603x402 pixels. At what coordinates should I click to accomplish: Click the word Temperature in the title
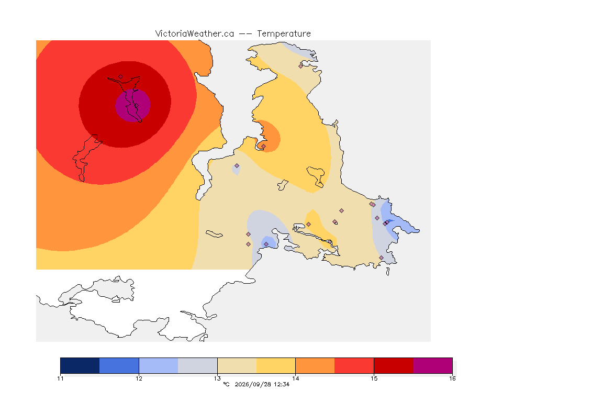[284, 34]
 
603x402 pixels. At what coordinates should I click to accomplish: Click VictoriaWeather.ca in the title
[195, 34]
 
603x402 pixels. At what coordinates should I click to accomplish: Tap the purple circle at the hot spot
[132, 105]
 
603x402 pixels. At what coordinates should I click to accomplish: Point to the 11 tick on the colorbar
[60, 378]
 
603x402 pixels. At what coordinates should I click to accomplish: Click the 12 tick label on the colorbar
[139, 378]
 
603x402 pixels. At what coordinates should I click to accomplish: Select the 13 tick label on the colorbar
[217, 378]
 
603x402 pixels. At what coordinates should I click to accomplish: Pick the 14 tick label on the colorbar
[295, 378]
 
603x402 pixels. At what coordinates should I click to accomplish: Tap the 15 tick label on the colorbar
[374, 378]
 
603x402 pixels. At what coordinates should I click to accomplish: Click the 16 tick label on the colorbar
[452, 378]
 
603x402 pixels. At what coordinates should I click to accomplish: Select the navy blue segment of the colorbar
[80, 365]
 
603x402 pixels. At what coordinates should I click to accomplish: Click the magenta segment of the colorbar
[433, 365]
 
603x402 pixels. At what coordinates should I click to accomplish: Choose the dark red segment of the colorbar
[394, 365]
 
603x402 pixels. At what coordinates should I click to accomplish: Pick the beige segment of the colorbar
[237, 365]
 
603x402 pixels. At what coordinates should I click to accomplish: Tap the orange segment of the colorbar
[315, 365]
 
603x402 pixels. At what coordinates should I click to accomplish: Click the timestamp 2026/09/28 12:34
[262, 384]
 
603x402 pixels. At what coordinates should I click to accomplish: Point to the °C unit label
[226, 384]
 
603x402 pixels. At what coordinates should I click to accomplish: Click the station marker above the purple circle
[121, 77]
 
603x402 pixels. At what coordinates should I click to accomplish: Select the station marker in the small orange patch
[263, 146]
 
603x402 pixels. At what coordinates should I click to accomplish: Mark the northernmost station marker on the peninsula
[301, 66]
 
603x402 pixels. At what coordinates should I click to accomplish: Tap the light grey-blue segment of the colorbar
[198, 365]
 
